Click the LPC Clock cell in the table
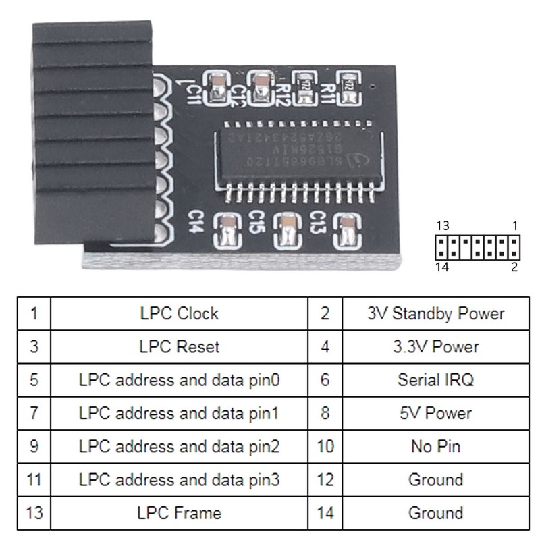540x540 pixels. [179, 313]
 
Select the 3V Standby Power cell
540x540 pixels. [435, 313]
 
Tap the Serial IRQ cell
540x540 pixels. [435, 380]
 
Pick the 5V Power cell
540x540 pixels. [435, 413]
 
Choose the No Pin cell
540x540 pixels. [435, 446]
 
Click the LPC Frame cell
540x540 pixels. [179, 513]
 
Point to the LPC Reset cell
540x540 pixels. [179, 347]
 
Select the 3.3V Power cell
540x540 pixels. [435, 347]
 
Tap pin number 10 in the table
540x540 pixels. [325, 446]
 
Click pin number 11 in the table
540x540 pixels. [34, 480]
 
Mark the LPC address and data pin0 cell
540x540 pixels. [179, 380]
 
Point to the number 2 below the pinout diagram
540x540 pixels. [514, 267]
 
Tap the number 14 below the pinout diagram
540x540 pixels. [443, 267]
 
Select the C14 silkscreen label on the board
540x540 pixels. [194, 223]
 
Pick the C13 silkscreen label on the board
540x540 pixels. [319, 221]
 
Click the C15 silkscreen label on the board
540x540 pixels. [256, 220]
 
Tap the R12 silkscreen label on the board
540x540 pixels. [282, 94]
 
